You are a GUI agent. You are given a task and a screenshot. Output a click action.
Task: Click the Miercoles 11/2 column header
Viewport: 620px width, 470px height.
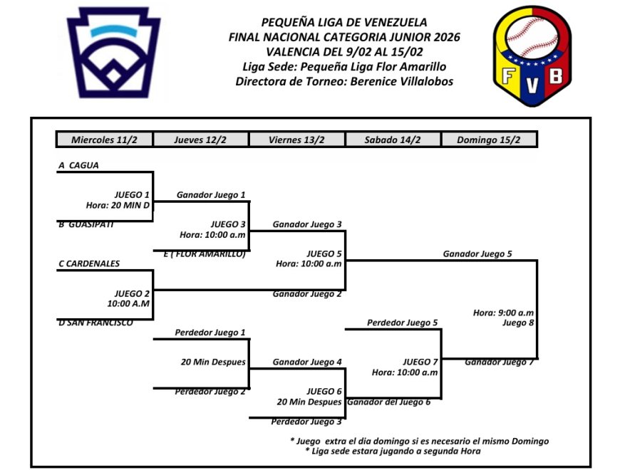pos(104,140)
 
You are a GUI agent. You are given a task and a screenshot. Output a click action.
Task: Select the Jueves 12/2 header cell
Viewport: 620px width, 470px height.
pos(200,140)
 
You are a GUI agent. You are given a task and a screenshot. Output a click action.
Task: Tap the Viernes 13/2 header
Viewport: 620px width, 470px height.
pos(296,140)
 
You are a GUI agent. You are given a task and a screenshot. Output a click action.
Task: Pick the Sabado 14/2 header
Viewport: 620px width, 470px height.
pos(393,140)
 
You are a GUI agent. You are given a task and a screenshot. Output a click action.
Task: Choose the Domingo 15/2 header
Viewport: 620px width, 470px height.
pos(490,140)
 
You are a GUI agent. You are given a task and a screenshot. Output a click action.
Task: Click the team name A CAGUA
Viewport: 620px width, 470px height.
pos(79,165)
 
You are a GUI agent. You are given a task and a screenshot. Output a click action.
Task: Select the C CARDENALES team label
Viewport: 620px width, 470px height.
pos(89,263)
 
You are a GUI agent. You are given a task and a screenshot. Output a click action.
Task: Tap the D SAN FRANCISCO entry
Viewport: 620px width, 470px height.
pos(95,323)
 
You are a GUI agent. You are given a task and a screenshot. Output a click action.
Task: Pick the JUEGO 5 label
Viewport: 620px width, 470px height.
pos(324,253)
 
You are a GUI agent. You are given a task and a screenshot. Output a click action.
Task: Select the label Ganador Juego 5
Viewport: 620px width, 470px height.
pos(477,254)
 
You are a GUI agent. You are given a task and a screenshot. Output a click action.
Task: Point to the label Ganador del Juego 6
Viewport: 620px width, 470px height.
pos(388,402)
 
